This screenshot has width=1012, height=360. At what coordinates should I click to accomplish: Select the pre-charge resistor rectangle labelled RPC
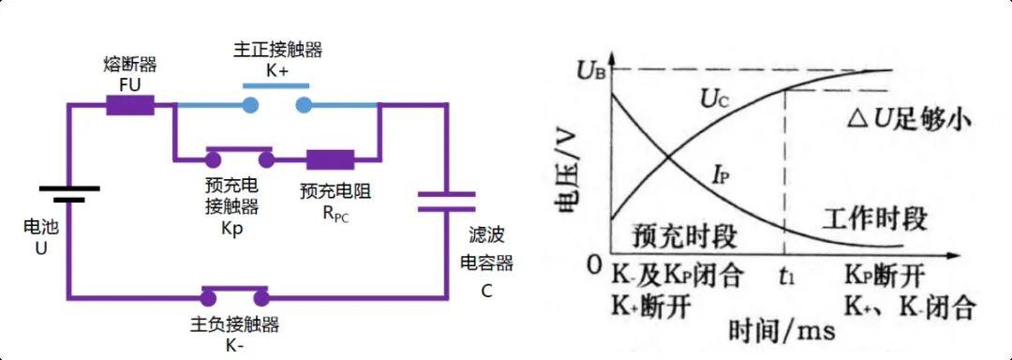click(x=331, y=158)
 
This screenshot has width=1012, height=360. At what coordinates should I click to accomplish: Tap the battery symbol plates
click(x=69, y=193)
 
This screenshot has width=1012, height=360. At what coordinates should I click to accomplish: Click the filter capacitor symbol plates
click(x=446, y=201)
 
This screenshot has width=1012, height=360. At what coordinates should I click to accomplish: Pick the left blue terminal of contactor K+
click(x=250, y=104)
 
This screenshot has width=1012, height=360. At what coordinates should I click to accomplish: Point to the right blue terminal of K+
click(x=304, y=104)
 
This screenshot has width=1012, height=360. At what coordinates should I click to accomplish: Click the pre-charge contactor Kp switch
click(x=240, y=157)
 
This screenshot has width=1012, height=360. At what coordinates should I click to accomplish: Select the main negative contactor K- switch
click(x=234, y=294)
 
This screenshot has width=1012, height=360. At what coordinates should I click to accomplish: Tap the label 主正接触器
click(x=277, y=50)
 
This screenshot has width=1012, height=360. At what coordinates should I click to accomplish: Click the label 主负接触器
click(x=235, y=323)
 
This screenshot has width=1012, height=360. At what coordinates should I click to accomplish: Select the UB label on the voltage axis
click(x=592, y=69)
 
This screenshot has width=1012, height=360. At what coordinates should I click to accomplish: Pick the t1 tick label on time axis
click(x=787, y=277)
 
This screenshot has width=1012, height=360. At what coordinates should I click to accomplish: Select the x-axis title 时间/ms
click(x=781, y=330)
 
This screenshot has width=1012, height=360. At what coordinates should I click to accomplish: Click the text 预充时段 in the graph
click(x=684, y=236)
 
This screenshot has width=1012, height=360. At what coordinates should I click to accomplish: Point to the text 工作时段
click(x=874, y=219)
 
